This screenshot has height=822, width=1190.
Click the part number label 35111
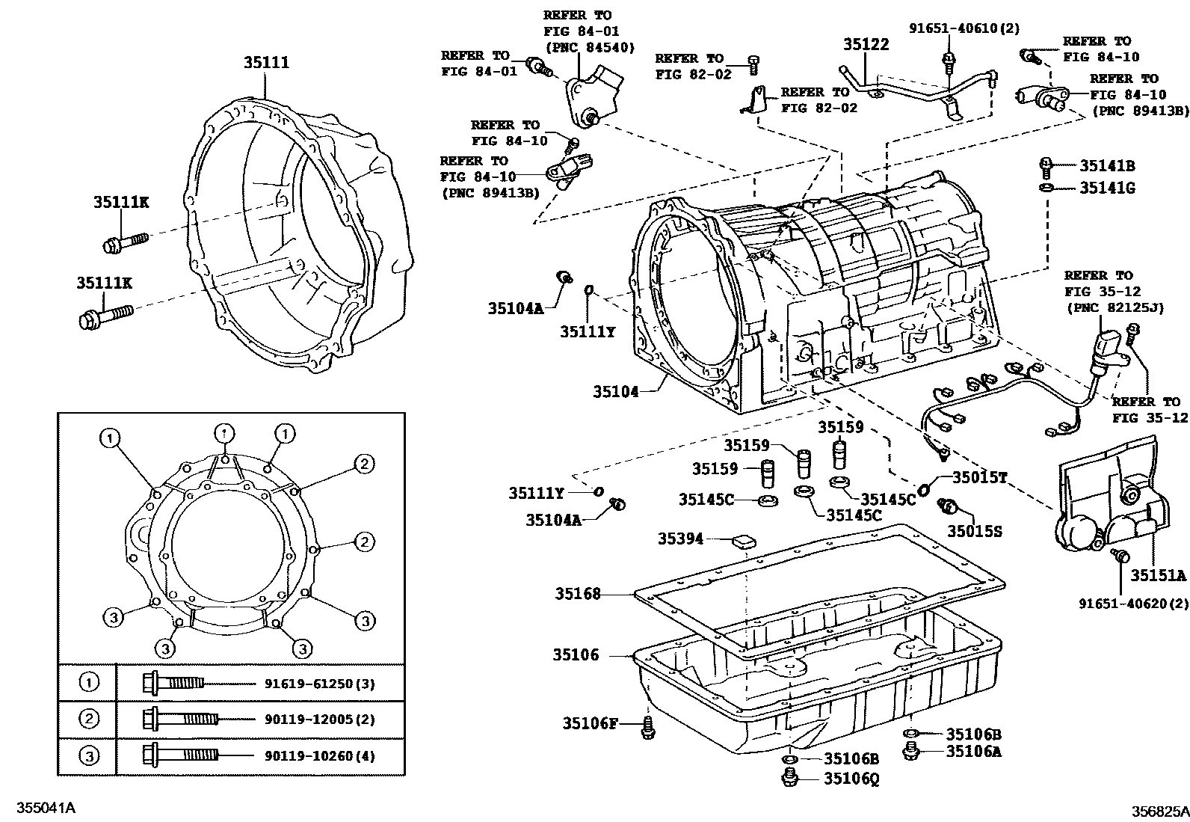pyautogui.click(x=265, y=62)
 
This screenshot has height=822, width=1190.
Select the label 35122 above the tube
pyautogui.click(x=866, y=44)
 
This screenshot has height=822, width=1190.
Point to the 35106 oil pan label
pyautogui.click(x=576, y=655)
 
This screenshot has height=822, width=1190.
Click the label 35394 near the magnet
pyautogui.click(x=680, y=538)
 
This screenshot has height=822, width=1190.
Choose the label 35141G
pyautogui.click(x=1106, y=188)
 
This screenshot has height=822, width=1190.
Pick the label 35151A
pyautogui.click(x=1158, y=574)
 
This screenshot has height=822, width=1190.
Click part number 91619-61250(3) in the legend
pyautogui.click(x=319, y=683)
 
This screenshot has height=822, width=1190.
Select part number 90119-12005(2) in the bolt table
pyautogui.click(x=319, y=719)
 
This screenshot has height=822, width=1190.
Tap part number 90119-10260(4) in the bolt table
pyautogui.click(x=319, y=755)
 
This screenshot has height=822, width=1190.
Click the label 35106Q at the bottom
pyautogui.click(x=851, y=779)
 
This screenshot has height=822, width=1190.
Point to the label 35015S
pyautogui.click(x=974, y=530)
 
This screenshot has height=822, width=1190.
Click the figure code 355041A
pyautogui.click(x=46, y=809)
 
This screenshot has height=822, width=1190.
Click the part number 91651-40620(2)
pyautogui.click(x=1132, y=603)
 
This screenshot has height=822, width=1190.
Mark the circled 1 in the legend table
pyautogui.click(x=89, y=682)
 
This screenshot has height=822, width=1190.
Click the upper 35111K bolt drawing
pyautogui.click(x=125, y=241)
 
